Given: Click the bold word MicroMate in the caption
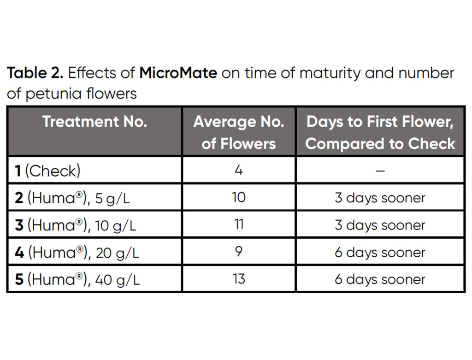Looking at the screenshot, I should coord(178,73).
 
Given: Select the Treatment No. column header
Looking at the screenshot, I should coord(94,122).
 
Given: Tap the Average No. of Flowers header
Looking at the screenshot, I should coord(239,132).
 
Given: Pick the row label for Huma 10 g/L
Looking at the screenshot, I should coord(76,225).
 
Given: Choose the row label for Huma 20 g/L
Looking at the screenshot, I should coord(77,253).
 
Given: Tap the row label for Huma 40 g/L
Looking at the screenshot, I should coord(77,280).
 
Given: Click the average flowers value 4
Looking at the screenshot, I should coord(239,171).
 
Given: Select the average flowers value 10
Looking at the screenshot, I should coord(239,198).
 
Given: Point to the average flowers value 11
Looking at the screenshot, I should coord(239,225).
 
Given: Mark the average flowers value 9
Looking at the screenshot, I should coord(239,252).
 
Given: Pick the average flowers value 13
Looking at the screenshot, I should coord(239,279).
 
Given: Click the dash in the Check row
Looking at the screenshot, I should coord(380,171).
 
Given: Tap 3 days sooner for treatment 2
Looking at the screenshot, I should coord(380,198).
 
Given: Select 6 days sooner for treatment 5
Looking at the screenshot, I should coord(380,280).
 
